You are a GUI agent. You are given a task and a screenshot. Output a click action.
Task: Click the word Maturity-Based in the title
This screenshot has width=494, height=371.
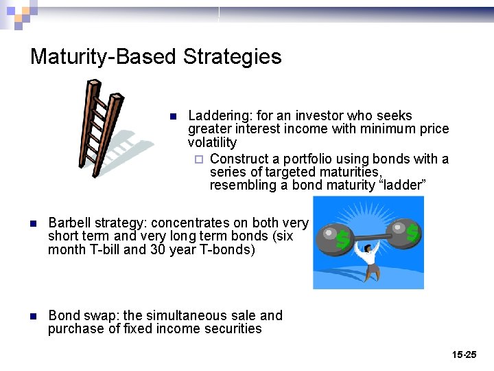104,56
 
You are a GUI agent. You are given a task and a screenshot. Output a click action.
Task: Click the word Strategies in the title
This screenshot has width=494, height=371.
232,56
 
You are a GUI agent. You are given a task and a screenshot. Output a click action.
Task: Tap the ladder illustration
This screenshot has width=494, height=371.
104,127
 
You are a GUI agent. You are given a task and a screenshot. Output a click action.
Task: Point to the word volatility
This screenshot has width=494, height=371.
212,143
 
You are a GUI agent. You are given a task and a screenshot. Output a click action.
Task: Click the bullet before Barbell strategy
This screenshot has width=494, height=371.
33,223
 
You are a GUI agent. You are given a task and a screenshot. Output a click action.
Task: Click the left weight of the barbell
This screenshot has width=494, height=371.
334,237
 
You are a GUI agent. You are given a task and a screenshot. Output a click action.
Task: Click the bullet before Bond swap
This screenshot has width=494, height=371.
33,316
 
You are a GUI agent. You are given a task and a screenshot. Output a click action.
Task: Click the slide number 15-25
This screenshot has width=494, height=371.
464,355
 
